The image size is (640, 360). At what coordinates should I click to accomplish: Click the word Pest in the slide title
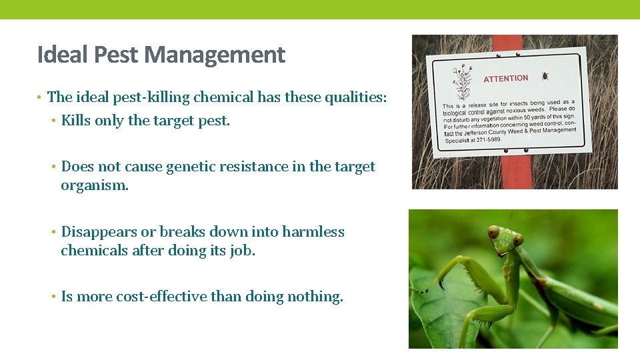click(x=117, y=55)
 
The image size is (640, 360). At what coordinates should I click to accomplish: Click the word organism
click(x=94, y=185)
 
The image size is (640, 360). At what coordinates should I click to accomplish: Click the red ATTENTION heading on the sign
click(x=505, y=79)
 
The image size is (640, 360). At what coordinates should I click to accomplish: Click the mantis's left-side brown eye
click(x=493, y=233)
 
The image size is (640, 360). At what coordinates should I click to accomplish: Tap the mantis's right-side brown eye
click(x=518, y=239)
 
